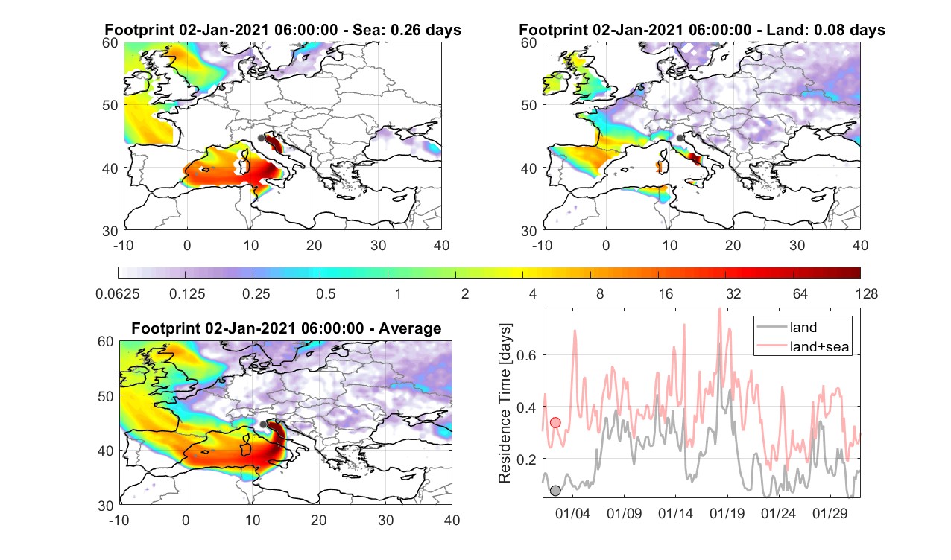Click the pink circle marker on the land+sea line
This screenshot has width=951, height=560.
[555, 422]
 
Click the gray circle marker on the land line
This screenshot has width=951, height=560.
[555, 491]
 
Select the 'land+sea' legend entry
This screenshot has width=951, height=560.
[803, 346]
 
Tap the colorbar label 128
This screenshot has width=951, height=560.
[867, 293]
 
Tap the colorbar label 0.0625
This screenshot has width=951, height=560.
[118, 293]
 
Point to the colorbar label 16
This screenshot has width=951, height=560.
[666, 293]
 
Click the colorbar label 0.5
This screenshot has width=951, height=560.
[326, 293]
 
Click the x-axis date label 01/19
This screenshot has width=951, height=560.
[727, 513]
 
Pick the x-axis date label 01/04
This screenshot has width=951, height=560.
[572, 513]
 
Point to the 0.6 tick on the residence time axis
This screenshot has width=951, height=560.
[526, 355]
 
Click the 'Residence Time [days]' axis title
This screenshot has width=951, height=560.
[505, 404]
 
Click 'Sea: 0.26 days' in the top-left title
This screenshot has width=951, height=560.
[407, 30]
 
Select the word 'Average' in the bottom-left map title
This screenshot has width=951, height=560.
[410, 328]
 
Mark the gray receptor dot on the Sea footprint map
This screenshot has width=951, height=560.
[261, 139]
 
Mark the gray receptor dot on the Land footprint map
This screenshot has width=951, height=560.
[680, 138]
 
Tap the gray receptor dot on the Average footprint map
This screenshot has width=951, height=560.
[263, 424]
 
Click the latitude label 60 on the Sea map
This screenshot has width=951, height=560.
[110, 43]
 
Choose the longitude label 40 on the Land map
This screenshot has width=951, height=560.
[860, 245]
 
